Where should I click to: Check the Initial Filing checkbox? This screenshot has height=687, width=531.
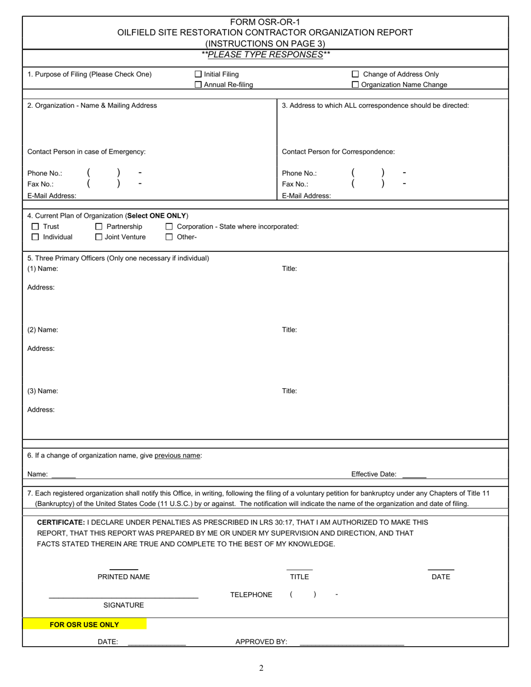tap(198, 74)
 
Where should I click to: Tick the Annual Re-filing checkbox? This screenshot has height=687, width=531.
tap(198, 85)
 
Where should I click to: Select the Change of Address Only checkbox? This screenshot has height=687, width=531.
tap(355, 74)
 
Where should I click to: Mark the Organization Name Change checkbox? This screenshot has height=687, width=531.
tap(355, 85)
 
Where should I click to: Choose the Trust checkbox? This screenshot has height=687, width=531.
tap(35, 227)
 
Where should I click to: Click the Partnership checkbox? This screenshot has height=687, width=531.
tap(99, 227)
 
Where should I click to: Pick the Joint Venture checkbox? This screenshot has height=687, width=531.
tap(99, 237)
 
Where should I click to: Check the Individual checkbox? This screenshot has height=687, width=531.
tap(35, 237)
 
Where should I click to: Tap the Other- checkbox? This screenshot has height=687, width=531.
tap(169, 237)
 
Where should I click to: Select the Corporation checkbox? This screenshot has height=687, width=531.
tap(169, 227)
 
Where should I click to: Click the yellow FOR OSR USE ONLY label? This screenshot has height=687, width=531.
tap(84, 624)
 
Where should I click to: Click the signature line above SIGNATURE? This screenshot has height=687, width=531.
tap(124, 598)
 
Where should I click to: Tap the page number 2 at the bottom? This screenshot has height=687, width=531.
tap(261, 668)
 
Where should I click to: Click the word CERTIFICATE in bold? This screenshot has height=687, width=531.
tap(61, 522)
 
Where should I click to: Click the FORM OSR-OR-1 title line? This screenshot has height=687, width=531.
tap(265, 22)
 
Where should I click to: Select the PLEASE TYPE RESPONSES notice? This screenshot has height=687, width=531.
tap(265, 55)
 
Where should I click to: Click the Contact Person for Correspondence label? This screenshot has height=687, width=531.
tap(338, 152)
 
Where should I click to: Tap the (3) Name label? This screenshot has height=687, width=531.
tap(42, 391)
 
